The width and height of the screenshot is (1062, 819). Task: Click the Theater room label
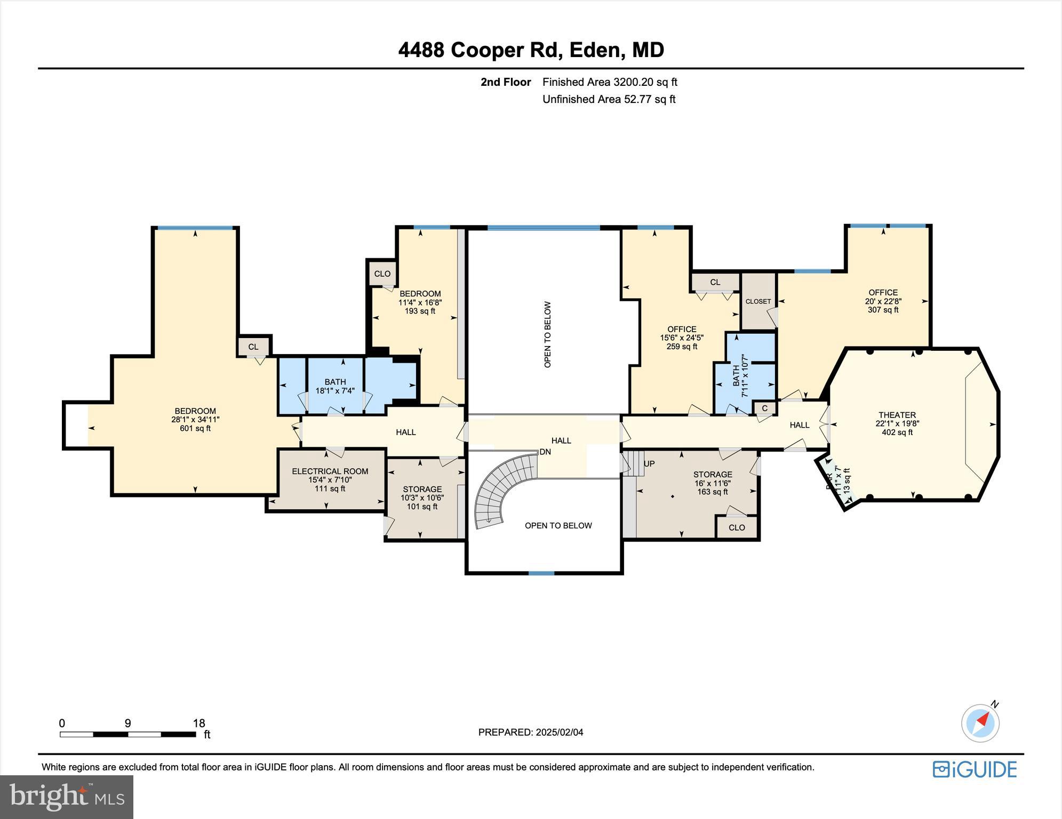[x=897, y=415]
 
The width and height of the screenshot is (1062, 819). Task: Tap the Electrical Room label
[x=330, y=471]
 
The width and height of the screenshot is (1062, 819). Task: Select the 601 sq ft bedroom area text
[x=195, y=428]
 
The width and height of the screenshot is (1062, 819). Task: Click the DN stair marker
[x=545, y=452]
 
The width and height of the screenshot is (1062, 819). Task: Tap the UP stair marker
[x=649, y=464]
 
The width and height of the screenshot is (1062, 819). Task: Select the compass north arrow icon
[x=980, y=723]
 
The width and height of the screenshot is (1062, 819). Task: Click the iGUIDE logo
[x=975, y=769]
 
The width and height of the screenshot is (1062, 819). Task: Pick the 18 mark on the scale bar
[x=198, y=724]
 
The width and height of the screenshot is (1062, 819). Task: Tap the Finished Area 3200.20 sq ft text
[x=610, y=82]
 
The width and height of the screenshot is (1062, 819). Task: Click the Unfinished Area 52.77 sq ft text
[x=609, y=99]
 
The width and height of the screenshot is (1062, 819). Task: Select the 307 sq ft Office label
[x=883, y=301]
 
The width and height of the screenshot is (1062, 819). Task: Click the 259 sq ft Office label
[x=682, y=338]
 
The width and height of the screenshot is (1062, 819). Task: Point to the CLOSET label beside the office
[x=758, y=301]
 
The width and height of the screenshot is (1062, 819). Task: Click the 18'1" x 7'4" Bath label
[x=335, y=386]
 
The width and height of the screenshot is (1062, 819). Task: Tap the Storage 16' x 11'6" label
[x=713, y=483]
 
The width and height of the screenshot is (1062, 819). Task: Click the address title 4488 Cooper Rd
[x=531, y=50]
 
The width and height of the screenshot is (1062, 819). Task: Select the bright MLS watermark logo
[x=66, y=797]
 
